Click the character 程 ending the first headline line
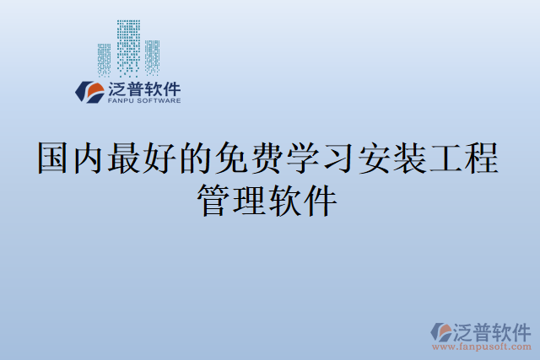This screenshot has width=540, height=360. pos(482,158)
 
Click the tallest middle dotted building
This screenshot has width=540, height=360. pos(128,46)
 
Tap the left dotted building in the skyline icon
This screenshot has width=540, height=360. pos(104,59)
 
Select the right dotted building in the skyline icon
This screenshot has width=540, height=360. pos(152,56)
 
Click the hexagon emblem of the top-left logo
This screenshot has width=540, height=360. pos(89,91)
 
